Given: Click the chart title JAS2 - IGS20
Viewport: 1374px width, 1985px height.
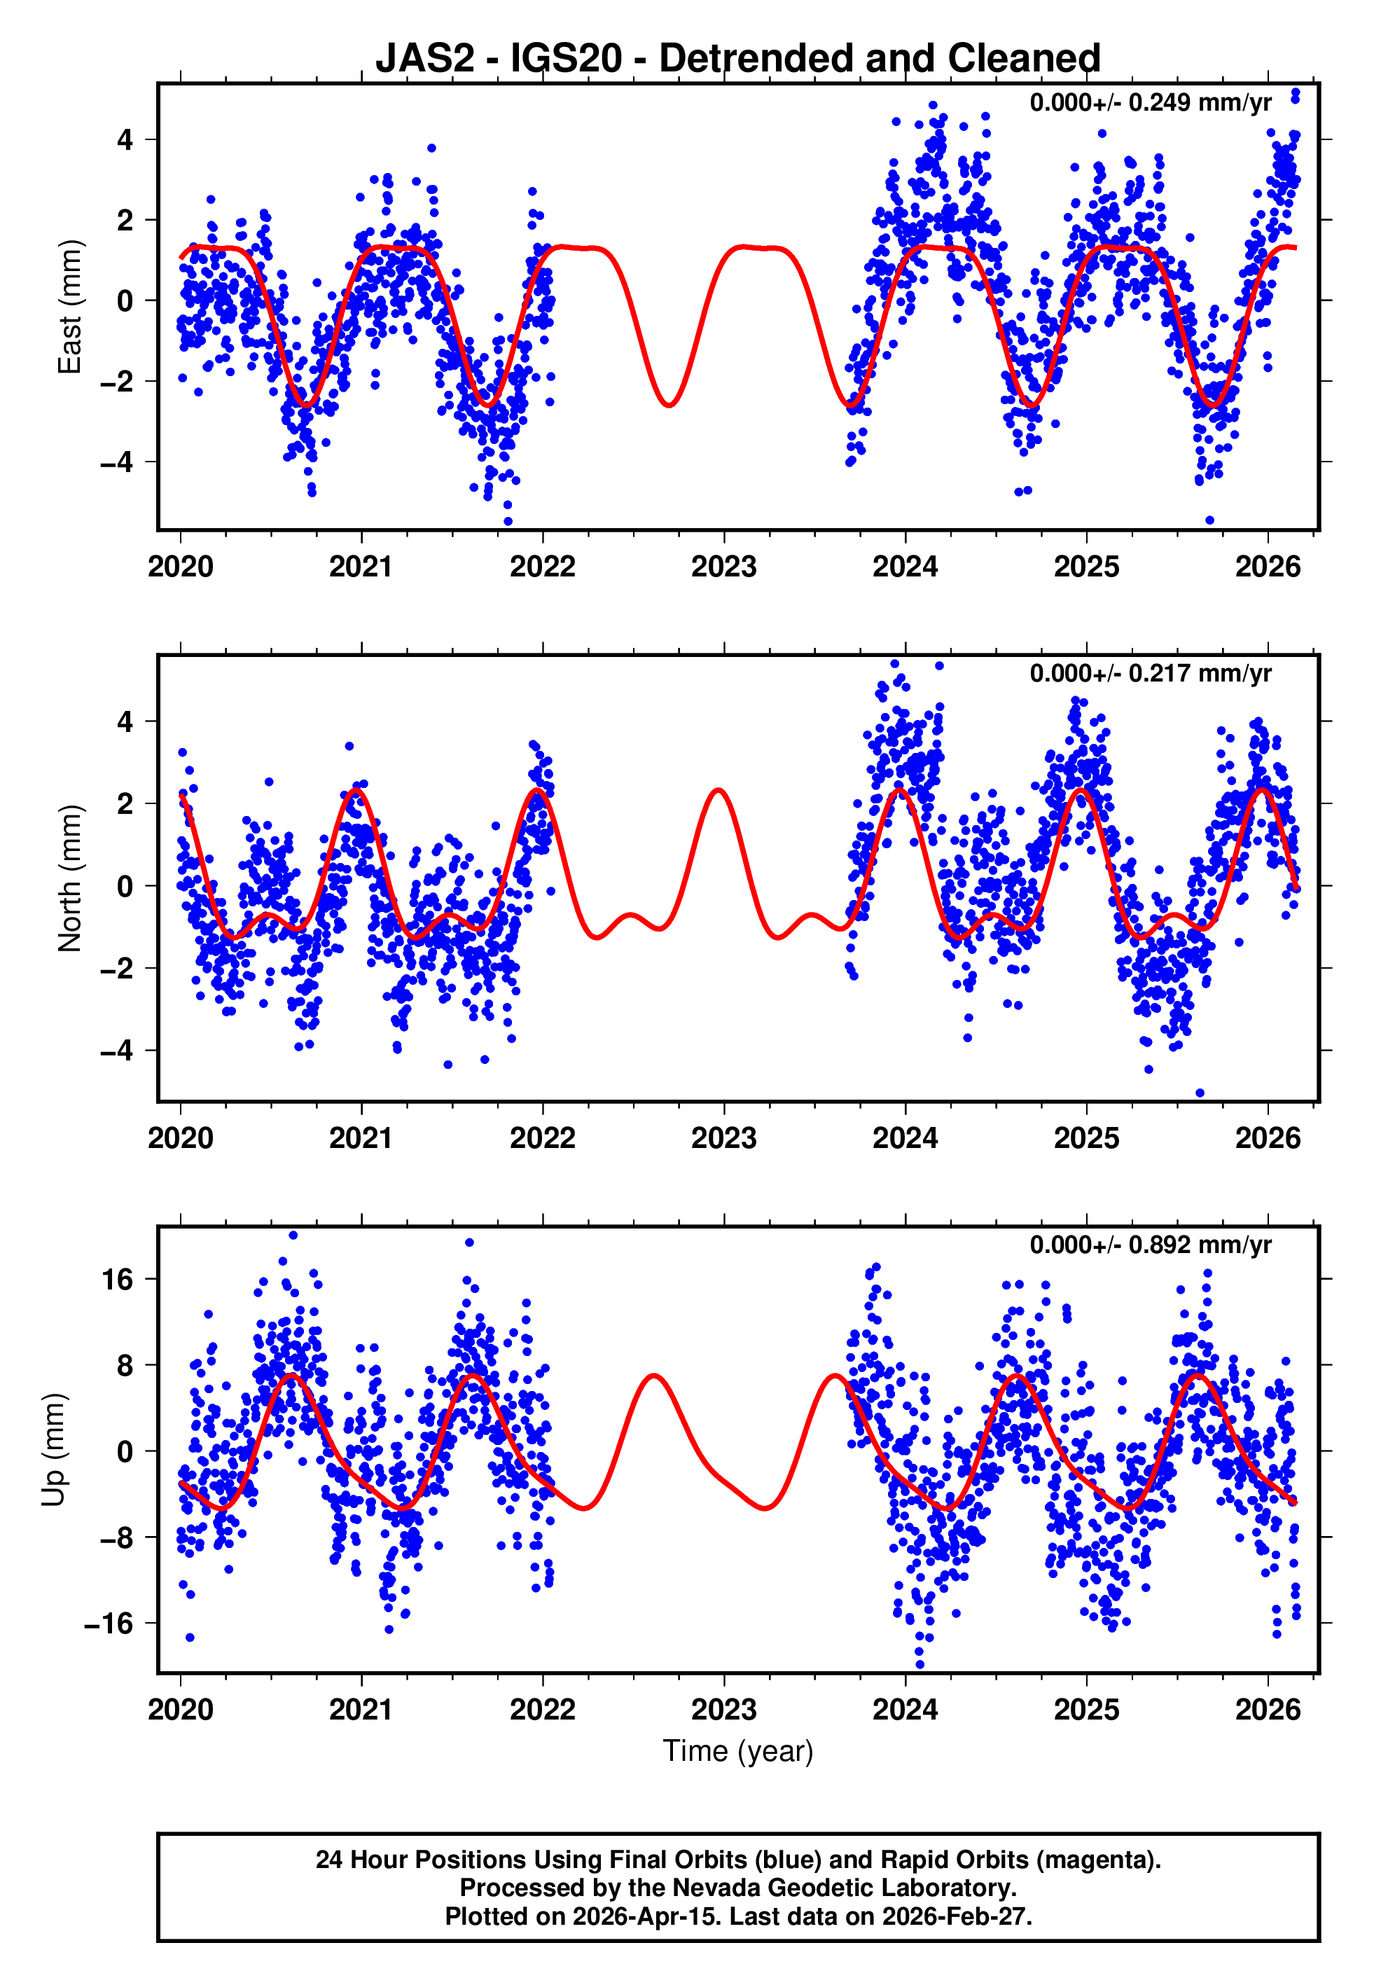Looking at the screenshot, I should pyautogui.click(x=738, y=59).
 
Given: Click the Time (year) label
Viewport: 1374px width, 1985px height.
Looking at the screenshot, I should pyautogui.click(x=738, y=1751).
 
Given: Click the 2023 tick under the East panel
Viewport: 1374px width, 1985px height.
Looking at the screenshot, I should pyautogui.click(x=724, y=567).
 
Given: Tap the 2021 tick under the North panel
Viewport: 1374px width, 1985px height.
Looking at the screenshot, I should pyautogui.click(x=361, y=1138).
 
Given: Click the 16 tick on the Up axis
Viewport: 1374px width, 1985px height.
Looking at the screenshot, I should pyautogui.click(x=118, y=1280).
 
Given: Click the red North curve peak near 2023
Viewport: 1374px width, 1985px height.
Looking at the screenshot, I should pyautogui.click(x=718, y=790).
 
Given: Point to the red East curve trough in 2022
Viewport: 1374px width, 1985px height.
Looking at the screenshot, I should pyautogui.click(x=669, y=406).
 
